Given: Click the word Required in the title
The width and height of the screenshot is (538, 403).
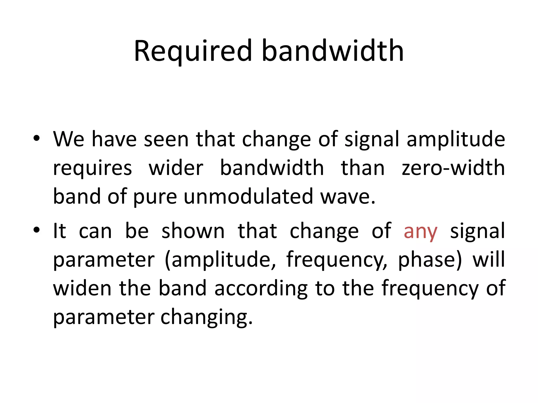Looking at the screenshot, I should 193,51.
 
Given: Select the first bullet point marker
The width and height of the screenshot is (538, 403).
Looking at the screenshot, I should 37,138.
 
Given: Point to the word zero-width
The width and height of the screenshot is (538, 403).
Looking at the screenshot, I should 453,168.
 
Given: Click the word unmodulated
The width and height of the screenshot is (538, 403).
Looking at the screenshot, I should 248,197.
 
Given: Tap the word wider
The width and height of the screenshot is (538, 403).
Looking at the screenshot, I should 176,168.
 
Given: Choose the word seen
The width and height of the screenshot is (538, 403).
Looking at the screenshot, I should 166,139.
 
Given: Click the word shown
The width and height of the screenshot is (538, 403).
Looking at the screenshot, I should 193,231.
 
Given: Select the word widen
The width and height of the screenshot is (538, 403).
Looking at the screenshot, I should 82,288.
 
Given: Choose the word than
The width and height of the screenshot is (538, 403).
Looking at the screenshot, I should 363,168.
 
